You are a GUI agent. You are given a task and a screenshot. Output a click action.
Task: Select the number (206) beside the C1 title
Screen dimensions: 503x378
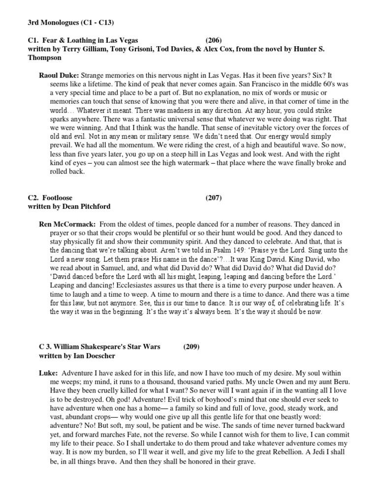click(x=214, y=40)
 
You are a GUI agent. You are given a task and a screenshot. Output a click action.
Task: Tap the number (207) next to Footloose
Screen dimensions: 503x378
click(x=214, y=198)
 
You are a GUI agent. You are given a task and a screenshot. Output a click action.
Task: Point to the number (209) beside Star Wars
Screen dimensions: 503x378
click(x=192, y=347)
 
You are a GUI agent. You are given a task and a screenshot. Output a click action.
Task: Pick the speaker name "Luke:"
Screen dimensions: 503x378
click(x=49, y=374)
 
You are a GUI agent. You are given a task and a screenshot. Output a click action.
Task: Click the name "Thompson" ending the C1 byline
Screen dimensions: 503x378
click(x=44, y=58)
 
